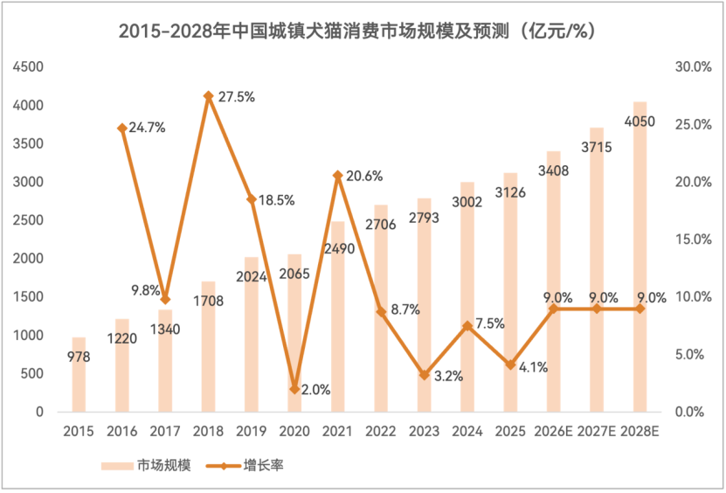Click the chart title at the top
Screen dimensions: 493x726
[x=363, y=31]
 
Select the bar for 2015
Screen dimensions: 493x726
[x=79, y=374]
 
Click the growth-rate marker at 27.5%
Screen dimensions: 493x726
[x=208, y=96]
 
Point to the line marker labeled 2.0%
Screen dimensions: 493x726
[x=294, y=389]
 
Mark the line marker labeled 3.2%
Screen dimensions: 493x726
[x=424, y=375]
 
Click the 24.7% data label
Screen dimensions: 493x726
[x=147, y=128]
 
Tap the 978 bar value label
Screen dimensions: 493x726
[x=79, y=357]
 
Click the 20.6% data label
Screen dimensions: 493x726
[x=364, y=176]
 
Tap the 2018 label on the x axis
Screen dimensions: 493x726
[x=208, y=431]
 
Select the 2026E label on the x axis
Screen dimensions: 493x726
[x=553, y=431]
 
